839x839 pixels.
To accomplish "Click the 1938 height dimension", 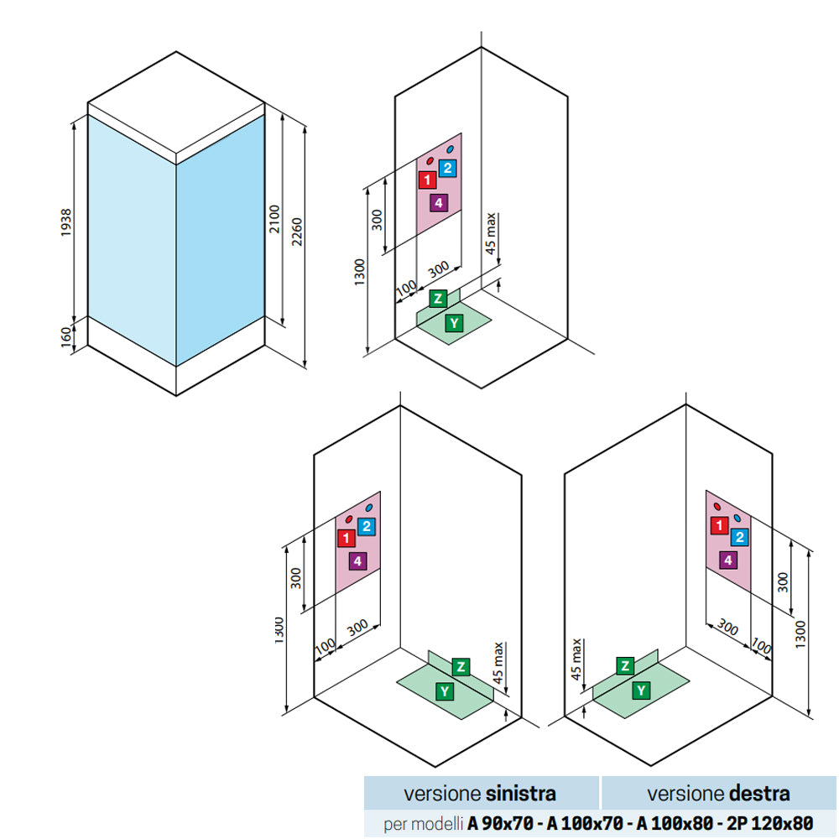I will point(66,222).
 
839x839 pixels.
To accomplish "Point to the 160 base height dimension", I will point(66,336).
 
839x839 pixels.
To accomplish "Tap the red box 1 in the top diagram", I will point(427,179).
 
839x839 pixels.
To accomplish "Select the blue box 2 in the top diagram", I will point(447,168).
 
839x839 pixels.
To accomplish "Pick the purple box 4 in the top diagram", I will point(437,202).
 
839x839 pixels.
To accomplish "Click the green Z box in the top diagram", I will point(437,298).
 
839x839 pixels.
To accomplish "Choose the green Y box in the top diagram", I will point(454,322).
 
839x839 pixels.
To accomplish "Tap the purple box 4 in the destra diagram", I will point(728,560).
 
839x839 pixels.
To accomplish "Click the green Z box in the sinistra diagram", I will point(460,667).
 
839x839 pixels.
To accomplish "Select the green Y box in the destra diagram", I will point(641,690).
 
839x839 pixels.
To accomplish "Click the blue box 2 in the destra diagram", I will point(739,537).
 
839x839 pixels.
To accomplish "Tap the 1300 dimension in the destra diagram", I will point(801,628).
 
